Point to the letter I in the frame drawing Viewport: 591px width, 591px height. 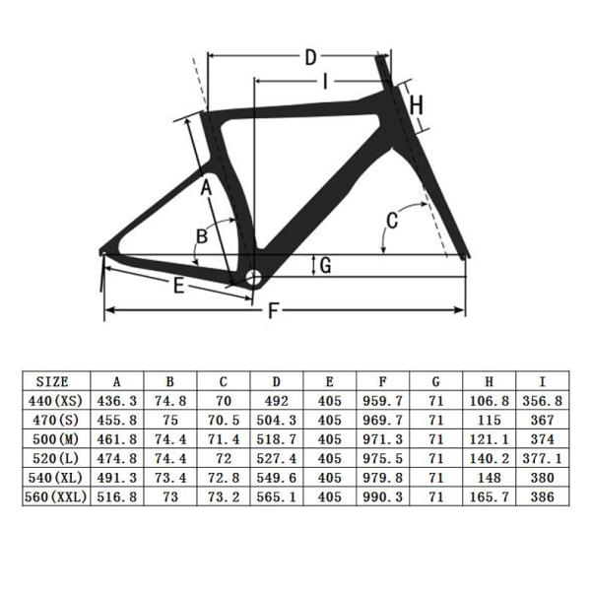pyautogui.click(x=324, y=82)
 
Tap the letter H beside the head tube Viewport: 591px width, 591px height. pyautogui.click(x=416, y=104)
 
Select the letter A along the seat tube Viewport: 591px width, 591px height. pyautogui.click(x=207, y=187)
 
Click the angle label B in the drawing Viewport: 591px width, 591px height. pyautogui.click(x=201, y=235)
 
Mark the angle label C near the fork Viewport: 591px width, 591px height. pyautogui.click(x=391, y=221)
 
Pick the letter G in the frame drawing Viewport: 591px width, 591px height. pyautogui.click(x=324, y=264)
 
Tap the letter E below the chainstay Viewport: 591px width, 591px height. pyautogui.click(x=178, y=287)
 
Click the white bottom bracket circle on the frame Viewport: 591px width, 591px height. pyautogui.click(x=251, y=278)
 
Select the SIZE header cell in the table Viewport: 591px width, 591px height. pyautogui.click(x=55, y=381)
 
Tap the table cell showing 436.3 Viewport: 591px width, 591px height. pyautogui.click(x=117, y=401)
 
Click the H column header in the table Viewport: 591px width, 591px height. pyautogui.click(x=490, y=381)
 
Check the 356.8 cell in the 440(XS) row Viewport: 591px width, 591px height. pyautogui.click(x=543, y=401)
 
